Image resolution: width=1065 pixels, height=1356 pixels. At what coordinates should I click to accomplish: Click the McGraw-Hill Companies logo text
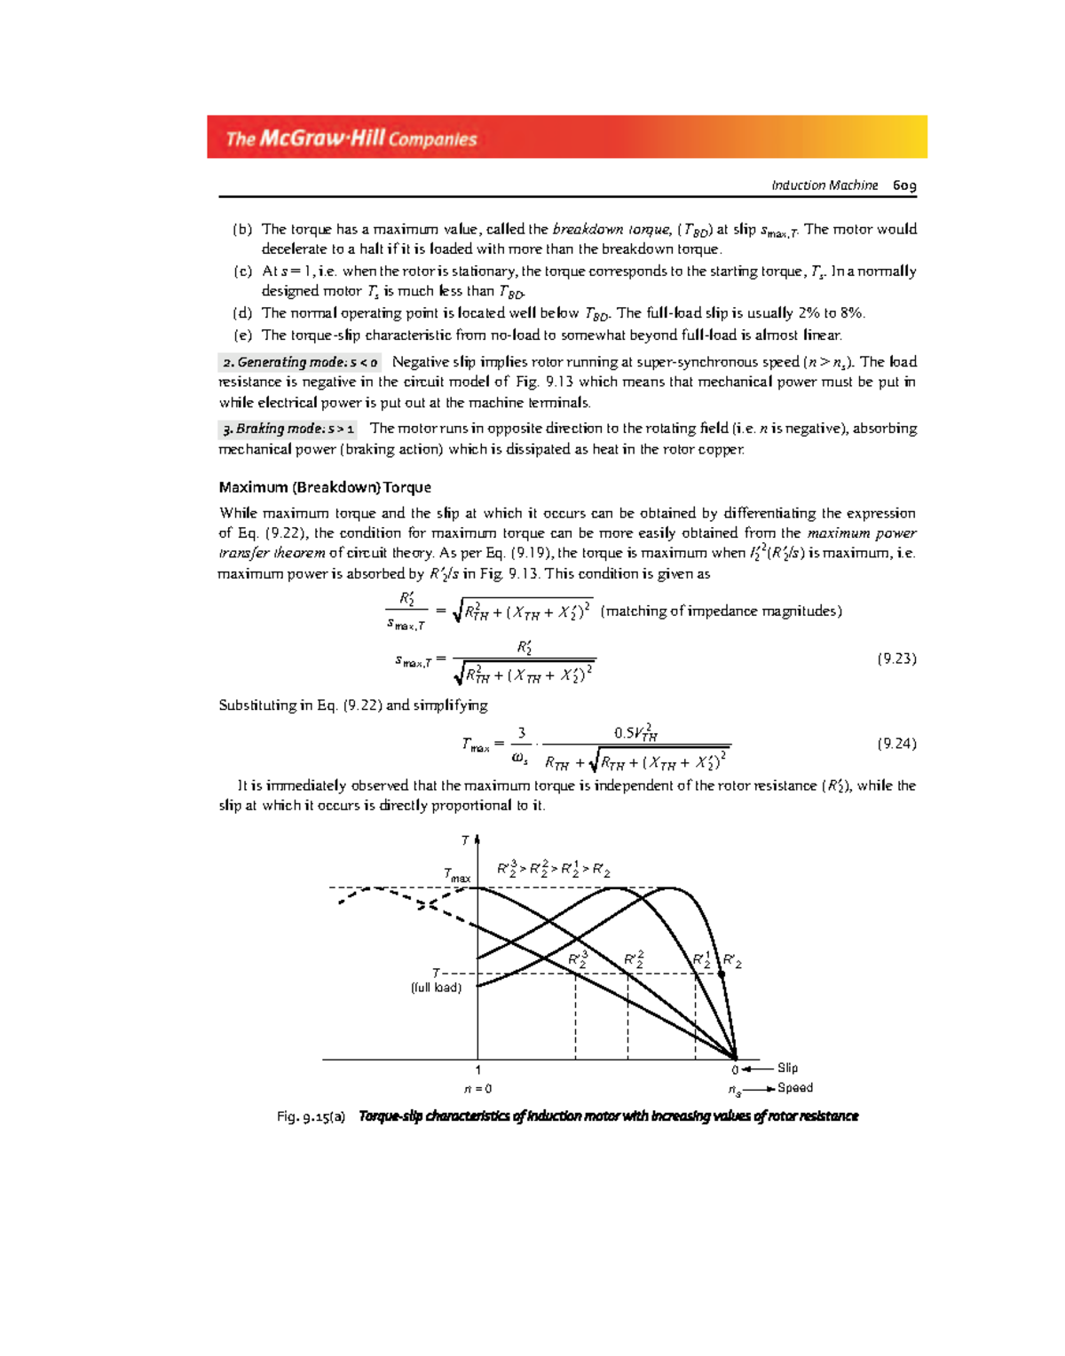[351, 138]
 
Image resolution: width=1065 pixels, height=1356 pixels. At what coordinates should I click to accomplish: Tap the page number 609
[904, 185]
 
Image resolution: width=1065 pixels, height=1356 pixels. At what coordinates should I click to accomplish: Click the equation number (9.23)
[896, 658]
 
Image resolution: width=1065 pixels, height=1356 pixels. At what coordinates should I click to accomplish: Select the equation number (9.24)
[896, 744]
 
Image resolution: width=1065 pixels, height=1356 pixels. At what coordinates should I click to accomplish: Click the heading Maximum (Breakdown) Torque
[325, 487]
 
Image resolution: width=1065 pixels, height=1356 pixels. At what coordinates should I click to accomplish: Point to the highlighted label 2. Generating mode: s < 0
[300, 362]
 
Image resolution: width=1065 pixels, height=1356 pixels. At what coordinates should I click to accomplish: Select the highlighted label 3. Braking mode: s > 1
[288, 429]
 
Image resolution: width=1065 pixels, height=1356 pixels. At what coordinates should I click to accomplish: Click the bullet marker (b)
[242, 229]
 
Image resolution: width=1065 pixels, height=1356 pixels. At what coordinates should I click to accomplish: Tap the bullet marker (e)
[242, 335]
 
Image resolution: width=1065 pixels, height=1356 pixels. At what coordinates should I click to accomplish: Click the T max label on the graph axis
[457, 875]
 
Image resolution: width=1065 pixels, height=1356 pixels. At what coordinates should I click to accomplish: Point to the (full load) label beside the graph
[436, 988]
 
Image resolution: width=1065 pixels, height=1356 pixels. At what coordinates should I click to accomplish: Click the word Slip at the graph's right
[787, 1068]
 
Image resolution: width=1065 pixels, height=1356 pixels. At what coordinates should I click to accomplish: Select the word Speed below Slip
[795, 1087]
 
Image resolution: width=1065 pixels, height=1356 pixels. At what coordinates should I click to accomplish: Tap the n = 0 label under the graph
[477, 1089]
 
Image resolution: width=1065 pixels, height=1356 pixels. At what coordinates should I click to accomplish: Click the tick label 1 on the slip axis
[477, 1070]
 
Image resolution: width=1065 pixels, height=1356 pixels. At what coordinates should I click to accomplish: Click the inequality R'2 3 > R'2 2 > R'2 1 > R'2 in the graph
[553, 870]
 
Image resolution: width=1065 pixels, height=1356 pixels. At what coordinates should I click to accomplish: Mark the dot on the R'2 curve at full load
[722, 974]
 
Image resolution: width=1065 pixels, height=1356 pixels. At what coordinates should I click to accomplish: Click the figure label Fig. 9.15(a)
[311, 1116]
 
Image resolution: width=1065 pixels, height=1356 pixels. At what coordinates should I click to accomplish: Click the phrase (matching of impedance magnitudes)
[721, 611]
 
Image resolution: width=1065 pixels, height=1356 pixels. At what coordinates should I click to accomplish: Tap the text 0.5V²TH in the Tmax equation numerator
[635, 733]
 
